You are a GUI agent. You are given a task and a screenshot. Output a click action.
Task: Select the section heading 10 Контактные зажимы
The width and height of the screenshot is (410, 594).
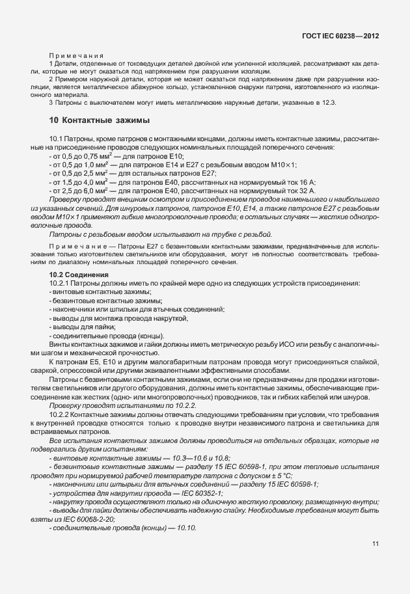click(x=100, y=120)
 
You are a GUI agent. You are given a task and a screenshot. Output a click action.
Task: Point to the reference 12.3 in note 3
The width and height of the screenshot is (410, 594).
click(x=330, y=103)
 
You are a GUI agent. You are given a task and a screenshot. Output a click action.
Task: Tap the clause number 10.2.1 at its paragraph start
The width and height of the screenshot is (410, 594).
click(x=60, y=284)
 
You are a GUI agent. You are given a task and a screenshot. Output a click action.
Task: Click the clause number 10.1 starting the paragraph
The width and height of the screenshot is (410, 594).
click(x=57, y=141)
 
